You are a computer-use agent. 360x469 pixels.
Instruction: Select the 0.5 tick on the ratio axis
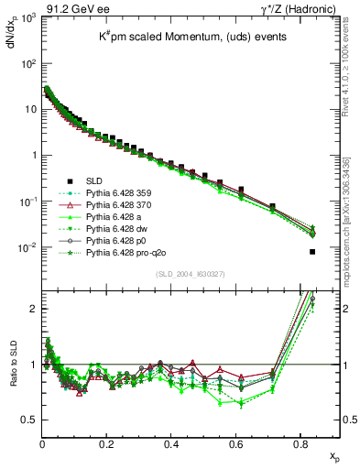point(31,420)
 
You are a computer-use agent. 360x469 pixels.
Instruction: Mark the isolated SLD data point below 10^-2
point(313,252)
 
